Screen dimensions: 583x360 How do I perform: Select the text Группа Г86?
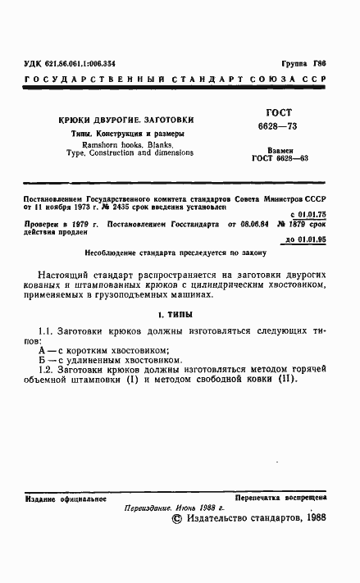point(303,63)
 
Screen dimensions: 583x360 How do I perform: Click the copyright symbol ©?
point(175,518)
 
